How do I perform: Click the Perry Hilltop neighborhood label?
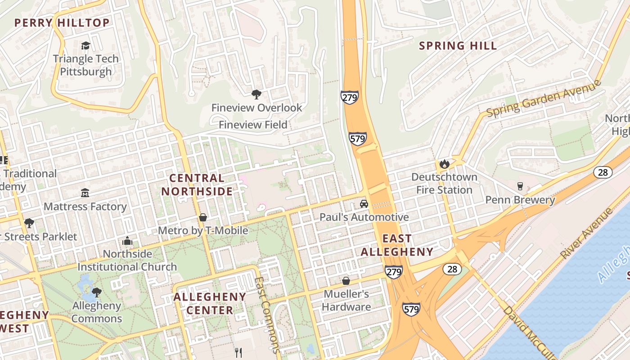[62, 22]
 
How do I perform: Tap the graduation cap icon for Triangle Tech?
[85, 45]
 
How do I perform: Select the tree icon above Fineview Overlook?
[256, 94]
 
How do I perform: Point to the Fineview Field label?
[253, 125]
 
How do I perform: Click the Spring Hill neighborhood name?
[458, 45]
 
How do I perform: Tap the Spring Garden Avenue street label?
[544, 99]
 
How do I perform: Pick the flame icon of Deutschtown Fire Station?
[445, 164]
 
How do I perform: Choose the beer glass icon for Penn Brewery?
[520, 186]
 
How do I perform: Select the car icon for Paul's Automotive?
[364, 204]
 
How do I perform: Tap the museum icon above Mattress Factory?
[85, 193]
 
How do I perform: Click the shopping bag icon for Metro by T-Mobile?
[203, 218]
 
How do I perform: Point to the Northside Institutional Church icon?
[127, 241]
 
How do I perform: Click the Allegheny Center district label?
[210, 303]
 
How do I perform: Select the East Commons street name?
[267, 315]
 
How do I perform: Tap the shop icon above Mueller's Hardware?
[346, 281]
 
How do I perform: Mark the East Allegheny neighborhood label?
[397, 245]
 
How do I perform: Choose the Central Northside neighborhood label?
[197, 184]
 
